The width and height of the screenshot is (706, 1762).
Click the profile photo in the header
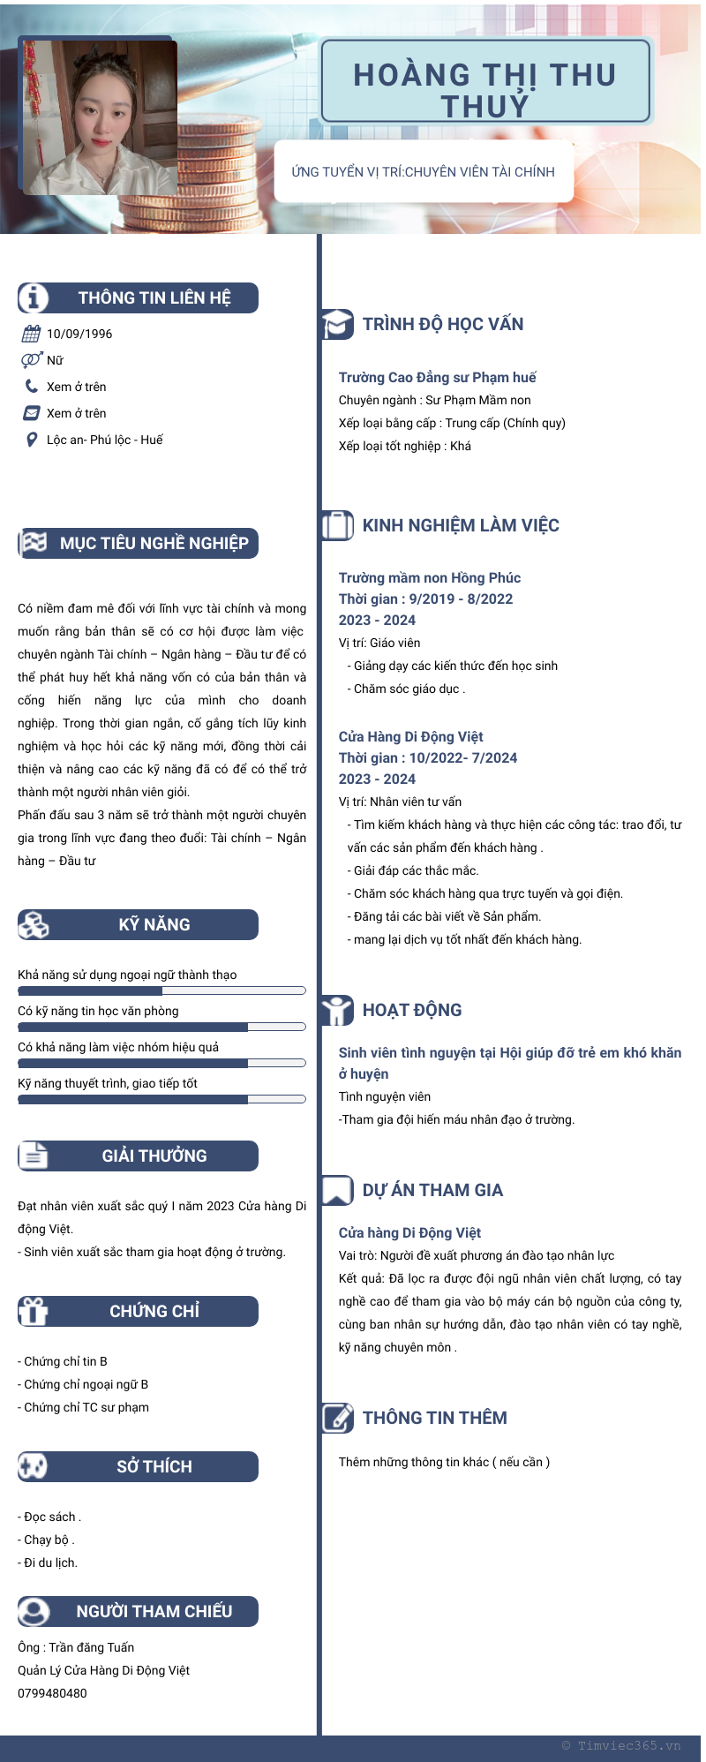click(99, 117)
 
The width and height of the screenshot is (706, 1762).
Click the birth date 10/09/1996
click(79, 334)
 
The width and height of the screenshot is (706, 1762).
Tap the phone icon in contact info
click(32, 386)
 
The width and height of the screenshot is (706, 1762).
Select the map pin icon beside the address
click(32, 440)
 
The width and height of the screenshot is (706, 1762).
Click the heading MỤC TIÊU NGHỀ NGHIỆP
click(154, 543)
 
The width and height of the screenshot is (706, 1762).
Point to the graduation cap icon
click(337, 324)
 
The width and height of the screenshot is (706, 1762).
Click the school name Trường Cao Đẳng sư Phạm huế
click(437, 377)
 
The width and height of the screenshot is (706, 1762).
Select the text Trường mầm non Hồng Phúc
click(430, 577)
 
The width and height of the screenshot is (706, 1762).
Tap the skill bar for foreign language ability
click(161, 990)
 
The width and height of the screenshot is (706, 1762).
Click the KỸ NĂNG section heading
click(154, 924)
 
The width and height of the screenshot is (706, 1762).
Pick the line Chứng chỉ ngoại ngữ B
click(86, 1384)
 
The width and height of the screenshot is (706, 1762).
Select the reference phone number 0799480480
click(52, 1693)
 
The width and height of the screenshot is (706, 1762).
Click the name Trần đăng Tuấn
click(91, 1647)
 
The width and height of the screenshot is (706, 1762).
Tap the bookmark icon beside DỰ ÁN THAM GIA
click(337, 1190)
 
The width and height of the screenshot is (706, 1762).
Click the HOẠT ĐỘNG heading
click(412, 1010)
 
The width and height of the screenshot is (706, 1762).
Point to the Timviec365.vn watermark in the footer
click(621, 1745)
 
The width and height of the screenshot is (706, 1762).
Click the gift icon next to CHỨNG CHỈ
click(34, 1311)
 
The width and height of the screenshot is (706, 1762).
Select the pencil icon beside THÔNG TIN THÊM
click(337, 1418)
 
